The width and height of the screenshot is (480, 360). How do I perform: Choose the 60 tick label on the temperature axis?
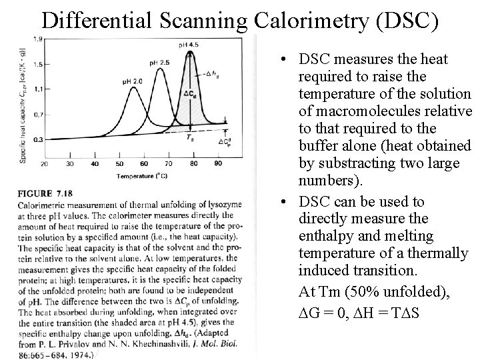pos(144,163)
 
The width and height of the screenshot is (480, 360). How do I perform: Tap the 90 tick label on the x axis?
pos(218,163)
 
